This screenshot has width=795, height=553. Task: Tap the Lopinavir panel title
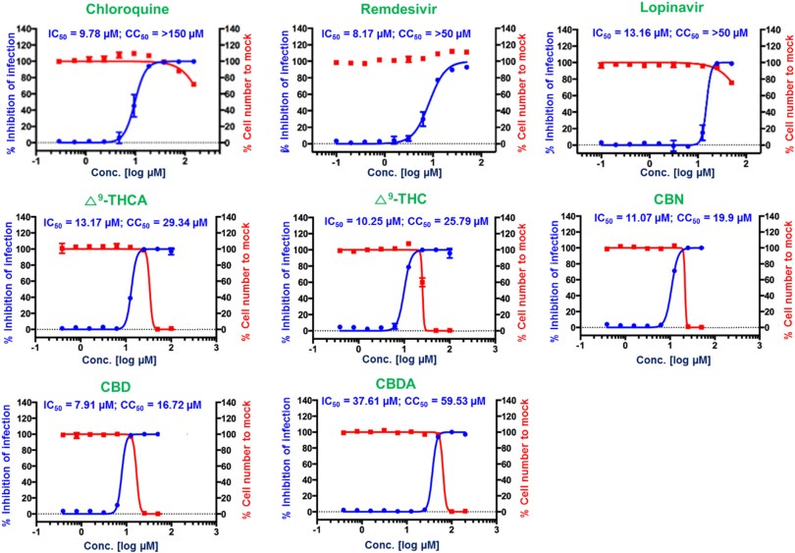point(671,12)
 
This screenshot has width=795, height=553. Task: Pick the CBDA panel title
point(403,385)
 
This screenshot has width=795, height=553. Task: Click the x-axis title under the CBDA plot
point(403,543)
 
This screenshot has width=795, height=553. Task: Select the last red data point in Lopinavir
point(732,83)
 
